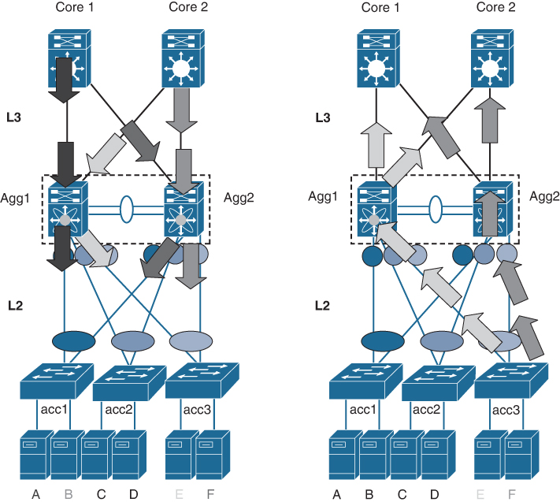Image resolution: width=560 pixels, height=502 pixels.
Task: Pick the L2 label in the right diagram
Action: coord(320,303)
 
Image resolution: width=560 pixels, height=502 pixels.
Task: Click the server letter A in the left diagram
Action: coord(35,494)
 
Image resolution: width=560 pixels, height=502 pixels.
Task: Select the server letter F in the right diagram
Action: coord(515,494)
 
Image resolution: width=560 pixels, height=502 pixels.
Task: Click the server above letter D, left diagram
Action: coord(128,453)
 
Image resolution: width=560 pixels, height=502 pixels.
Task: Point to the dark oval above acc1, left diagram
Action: coord(72,340)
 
